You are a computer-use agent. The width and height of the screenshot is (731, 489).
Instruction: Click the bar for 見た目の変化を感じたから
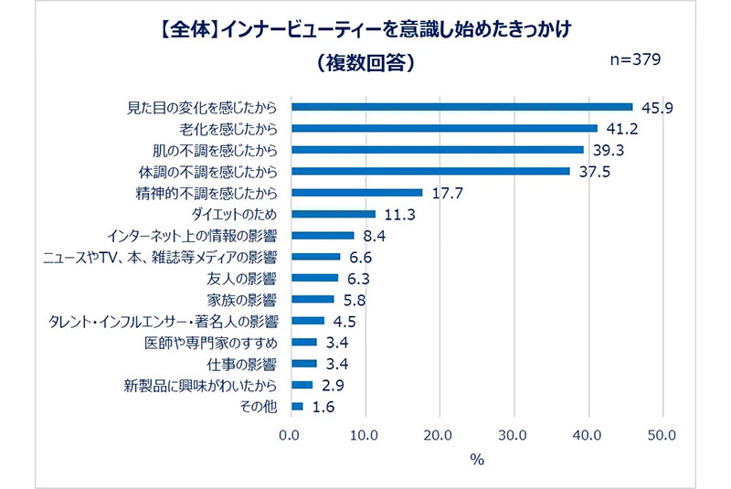click(x=461, y=107)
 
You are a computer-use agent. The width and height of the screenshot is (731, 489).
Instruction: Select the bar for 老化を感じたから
click(x=444, y=128)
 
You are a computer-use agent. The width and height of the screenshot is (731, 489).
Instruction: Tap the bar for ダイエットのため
click(x=334, y=214)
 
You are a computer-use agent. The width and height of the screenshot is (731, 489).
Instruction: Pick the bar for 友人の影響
click(x=314, y=278)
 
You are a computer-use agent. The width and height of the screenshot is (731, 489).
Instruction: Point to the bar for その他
click(x=297, y=406)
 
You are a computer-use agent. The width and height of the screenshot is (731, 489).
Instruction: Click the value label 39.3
click(x=607, y=150)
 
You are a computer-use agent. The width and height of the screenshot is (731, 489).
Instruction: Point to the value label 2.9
click(x=332, y=385)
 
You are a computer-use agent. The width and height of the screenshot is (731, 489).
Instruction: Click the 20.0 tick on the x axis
click(x=439, y=435)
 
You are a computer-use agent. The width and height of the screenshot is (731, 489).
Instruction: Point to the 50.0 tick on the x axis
click(x=662, y=435)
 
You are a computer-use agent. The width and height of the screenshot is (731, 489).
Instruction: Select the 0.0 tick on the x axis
click(x=291, y=435)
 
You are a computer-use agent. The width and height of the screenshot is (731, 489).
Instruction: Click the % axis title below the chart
click(x=476, y=461)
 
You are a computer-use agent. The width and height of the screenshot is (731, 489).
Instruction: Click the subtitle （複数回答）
click(x=364, y=64)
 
